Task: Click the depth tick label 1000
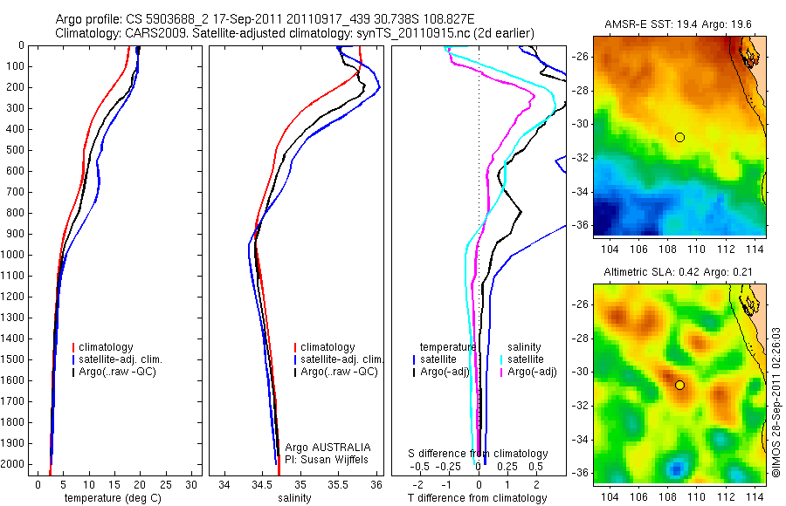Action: tap(16, 255)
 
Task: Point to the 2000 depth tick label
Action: tap(16, 464)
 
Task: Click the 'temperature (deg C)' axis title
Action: tap(114, 498)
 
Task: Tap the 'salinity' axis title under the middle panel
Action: tap(295, 498)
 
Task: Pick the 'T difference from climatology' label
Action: tap(478, 498)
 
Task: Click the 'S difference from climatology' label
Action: tap(479, 454)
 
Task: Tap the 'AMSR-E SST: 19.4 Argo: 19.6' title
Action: tap(679, 24)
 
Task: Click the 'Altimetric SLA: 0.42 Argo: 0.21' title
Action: tap(679, 273)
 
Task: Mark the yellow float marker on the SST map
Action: tap(679, 137)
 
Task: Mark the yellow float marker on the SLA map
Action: tap(679, 385)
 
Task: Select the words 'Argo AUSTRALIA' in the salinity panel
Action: tap(322, 447)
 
